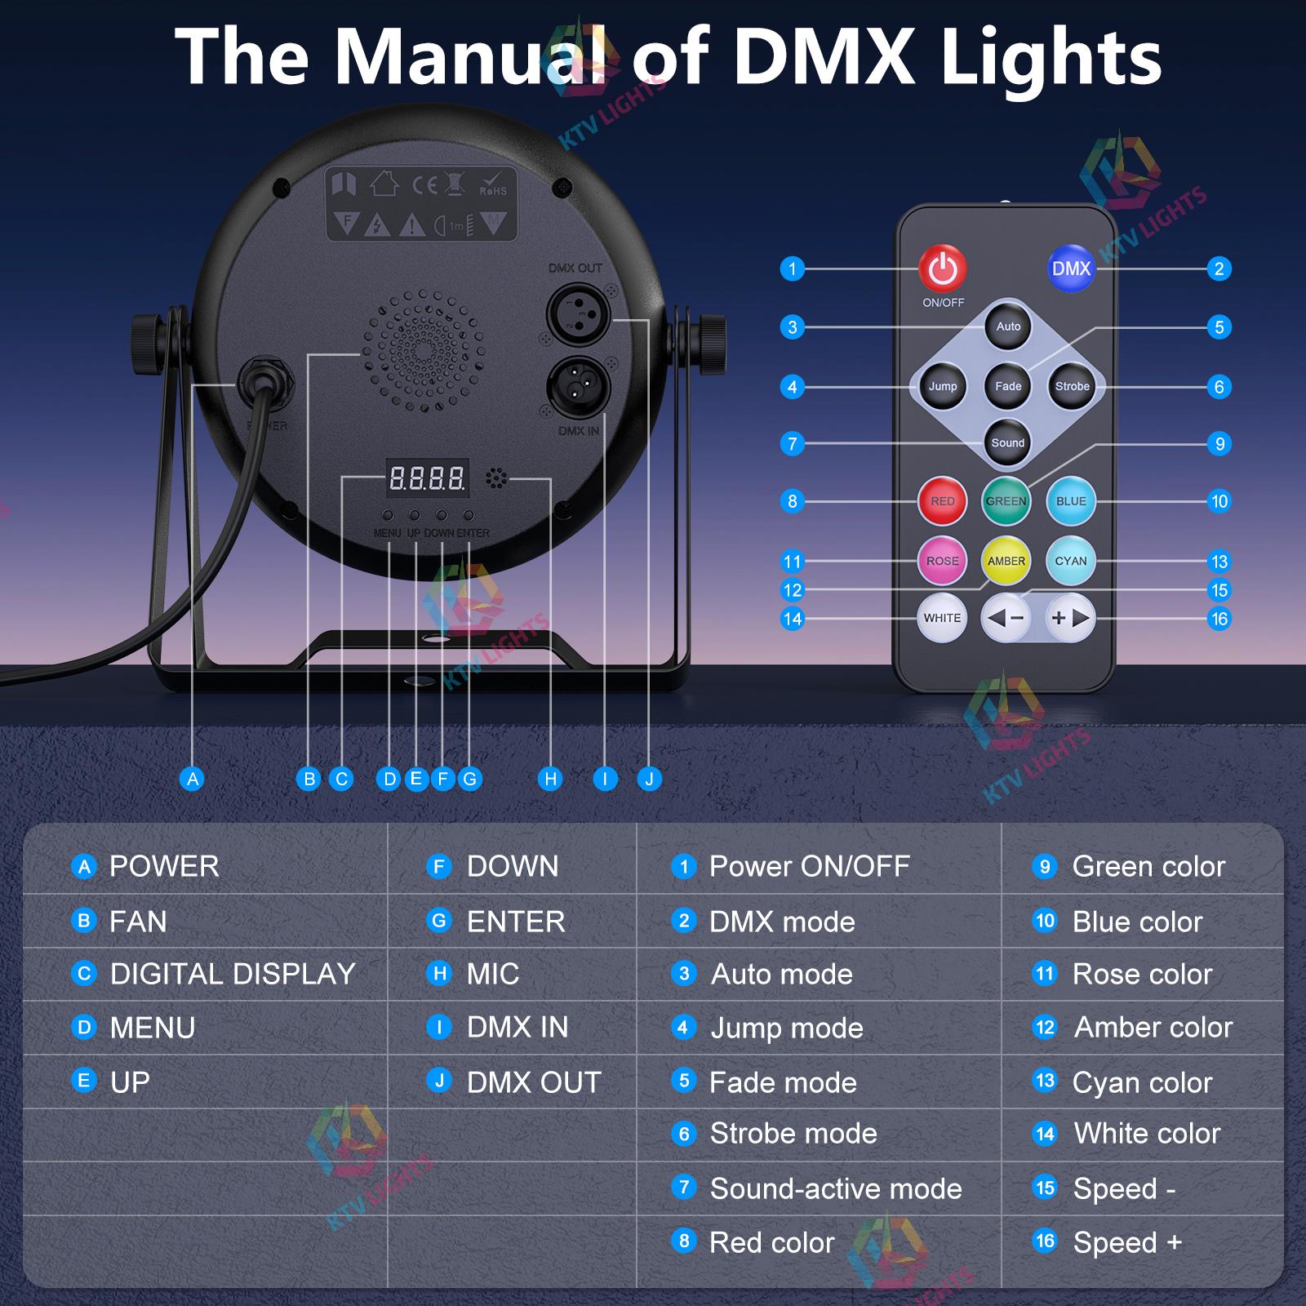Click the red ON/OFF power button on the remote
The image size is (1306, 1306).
click(x=943, y=269)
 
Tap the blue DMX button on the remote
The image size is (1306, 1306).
click(x=1071, y=269)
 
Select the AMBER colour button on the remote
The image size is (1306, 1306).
click(x=1006, y=561)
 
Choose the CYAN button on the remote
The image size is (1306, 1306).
click(x=1071, y=561)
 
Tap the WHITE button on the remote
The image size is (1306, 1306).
click(x=942, y=618)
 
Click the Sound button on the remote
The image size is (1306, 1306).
click(x=1008, y=443)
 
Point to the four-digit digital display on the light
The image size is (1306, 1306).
click(x=427, y=478)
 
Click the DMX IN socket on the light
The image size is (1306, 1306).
click(x=574, y=381)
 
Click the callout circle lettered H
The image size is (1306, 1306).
click(x=551, y=779)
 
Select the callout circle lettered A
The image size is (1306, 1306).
click(x=193, y=779)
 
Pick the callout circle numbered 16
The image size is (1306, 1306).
click(x=1219, y=619)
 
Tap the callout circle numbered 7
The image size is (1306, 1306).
click(x=792, y=444)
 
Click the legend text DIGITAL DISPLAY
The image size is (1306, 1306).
click(x=233, y=974)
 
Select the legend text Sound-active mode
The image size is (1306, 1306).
click(x=836, y=1188)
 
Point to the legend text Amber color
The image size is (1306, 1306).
click(x=1153, y=1027)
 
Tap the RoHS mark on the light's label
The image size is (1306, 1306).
click(x=493, y=184)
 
